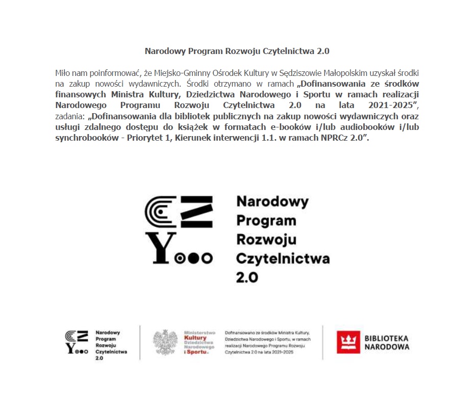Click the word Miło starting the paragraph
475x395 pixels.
tap(62, 73)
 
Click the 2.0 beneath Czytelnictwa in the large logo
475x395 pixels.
tap(247, 277)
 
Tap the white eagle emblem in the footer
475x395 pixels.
tap(165, 343)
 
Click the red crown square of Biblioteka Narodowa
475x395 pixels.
tap(348, 342)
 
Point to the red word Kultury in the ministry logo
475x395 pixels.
tap(195, 338)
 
